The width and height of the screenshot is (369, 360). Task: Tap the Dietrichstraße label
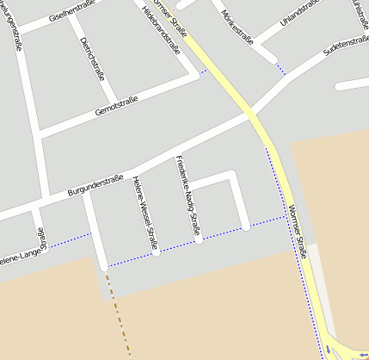pyautogui.click(x=92, y=58)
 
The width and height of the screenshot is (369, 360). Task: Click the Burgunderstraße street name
pyautogui.click(x=96, y=183)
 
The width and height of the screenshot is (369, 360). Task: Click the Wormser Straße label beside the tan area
pyautogui.click(x=298, y=234)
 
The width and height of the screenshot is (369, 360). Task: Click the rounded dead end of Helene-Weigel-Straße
pyautogui.click(x=156, y=252)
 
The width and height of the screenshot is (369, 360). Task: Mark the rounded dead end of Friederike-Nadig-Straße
pyautogui.click(x=198, y=239)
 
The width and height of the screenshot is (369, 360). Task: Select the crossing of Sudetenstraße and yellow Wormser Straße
pyautogui.click(x=251, y=113)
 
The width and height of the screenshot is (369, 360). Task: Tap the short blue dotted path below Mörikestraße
pyautogui.click(x=280, y=69)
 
